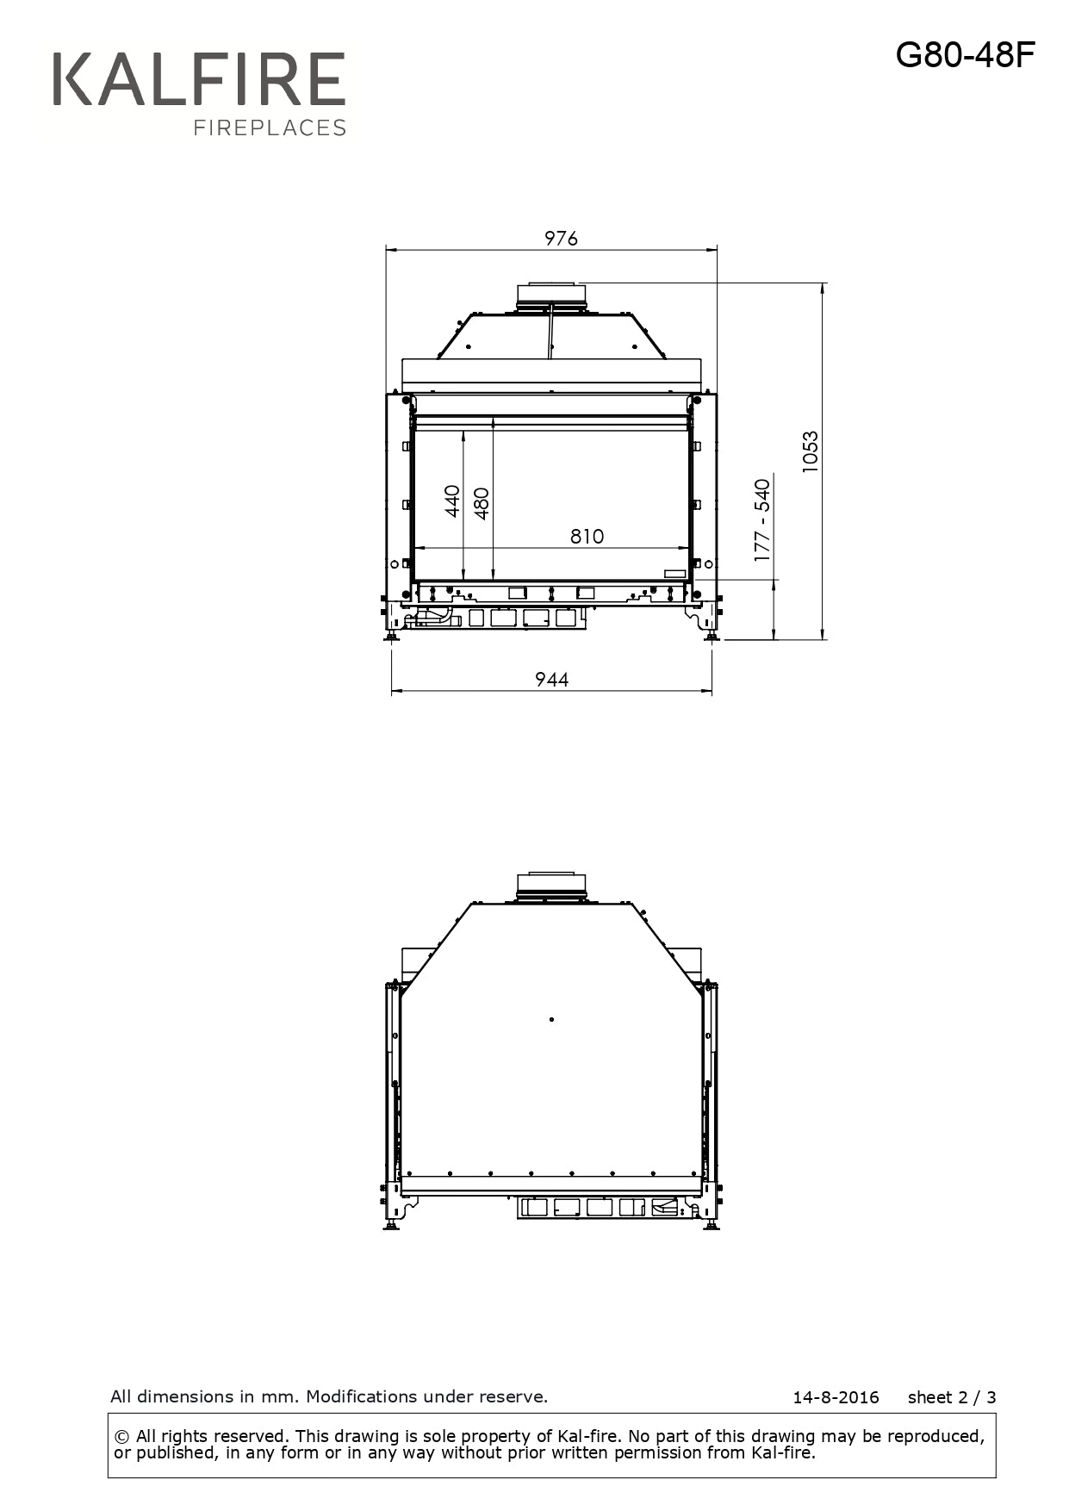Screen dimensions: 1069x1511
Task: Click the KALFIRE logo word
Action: tap(199, 79)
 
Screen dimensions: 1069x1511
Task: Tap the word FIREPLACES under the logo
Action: tap(270, 128)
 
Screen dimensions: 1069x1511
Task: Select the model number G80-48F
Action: tap(965, 55)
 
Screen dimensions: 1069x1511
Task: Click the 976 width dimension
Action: tap(561, 239)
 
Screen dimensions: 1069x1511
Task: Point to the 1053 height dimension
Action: tap(810, 451)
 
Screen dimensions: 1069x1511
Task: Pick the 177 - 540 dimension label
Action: tap(762, 521)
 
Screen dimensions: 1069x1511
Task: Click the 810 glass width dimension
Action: tap(587, 537)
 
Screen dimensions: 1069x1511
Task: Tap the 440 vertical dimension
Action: tap(452, 501)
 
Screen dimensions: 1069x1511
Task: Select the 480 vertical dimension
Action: tap(482, 504)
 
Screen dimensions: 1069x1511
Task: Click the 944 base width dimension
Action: tap(551, 680)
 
